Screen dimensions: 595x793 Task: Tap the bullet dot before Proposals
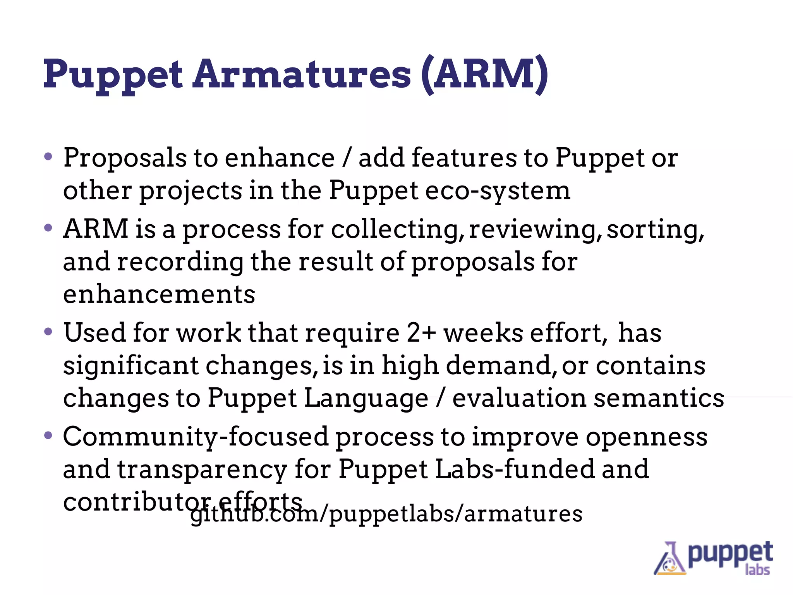tap(48, 157)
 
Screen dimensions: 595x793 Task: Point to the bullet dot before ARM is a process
tap(48, 228)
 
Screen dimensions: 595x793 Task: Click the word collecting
tap(397, 229)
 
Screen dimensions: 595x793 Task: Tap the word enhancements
tap(159, 294)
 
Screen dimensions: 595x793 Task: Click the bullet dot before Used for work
tap(48, 332)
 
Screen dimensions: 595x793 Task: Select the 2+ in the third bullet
tap(421, 333)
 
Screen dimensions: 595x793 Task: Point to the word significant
tap(131, 366)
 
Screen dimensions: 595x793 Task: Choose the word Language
tap(366, 398)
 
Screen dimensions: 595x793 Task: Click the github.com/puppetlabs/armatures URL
tap(386, 514)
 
